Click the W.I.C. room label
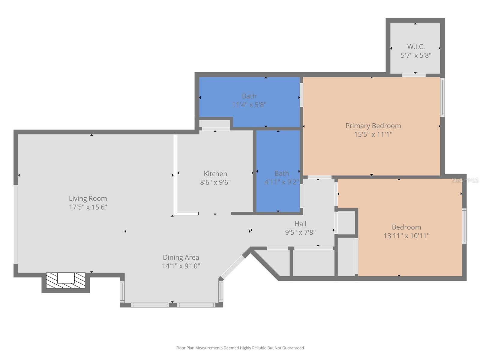click(x=416, y=47)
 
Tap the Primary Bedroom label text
click(x=373, y=126)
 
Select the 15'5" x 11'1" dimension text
click(x=373, y=134)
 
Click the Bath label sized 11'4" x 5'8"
click(x=249, y=96)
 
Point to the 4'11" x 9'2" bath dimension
click(x=281, y=182)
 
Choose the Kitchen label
click(x=215, y=174)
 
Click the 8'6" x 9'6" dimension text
click(x=215, y=182)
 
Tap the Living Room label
click(x=88, y=198)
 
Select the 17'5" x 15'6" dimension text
click(x=88, y=207)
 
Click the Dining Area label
click(x=181, y=257)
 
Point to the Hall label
click(x=300, y=224)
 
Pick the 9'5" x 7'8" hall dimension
click(x=300, y=232)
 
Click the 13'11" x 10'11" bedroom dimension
click(x=406, y=236)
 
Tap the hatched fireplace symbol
click(x=66, y=281)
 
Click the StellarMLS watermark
click(x=465, y=180)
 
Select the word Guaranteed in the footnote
click(x=293, y=348)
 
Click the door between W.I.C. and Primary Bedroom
click(x=413, y=75)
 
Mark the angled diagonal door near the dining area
click(x=232, y=267)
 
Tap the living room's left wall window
click(x=16, y=224)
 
